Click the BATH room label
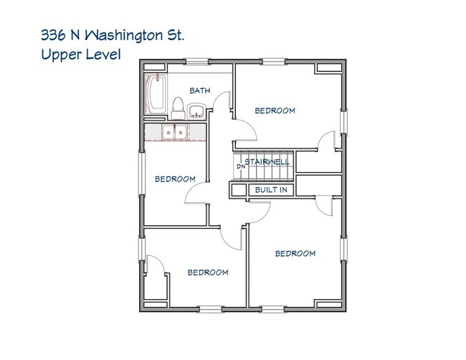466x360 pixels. click(199, 90)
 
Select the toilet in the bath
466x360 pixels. click(177, 108)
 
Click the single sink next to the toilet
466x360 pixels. click(196, 111)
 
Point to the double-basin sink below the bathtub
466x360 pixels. click(173, 132)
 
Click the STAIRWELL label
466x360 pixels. click(267, 162)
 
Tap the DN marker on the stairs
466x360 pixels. click(241, 167)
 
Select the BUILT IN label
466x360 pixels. click(270, 190)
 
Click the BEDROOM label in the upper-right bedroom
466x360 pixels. click(275, 110)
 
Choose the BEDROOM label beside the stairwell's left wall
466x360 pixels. click(175, 179)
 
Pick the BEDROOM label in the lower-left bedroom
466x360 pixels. click(208, 273)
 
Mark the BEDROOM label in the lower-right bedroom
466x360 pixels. click(295, 253)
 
